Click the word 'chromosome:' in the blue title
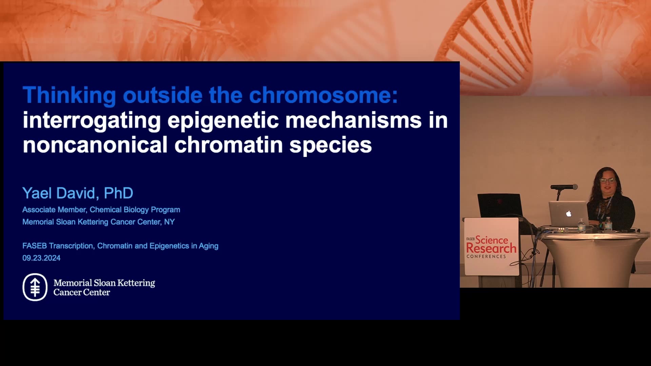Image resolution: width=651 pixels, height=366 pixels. tap(323, 95)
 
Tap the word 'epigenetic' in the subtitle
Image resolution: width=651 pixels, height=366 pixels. tap(223, 121)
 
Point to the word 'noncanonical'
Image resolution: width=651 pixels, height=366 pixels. tap(95, 145)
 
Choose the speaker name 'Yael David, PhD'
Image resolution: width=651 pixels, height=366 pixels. tap(78, 193)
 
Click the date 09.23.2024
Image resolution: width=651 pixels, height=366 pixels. tap(41, 258)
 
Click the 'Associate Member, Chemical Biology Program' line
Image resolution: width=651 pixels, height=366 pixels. tap(101, 210)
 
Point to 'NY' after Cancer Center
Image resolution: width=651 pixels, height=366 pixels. tap(170, 222)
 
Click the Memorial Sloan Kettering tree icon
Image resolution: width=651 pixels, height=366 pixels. tap(35, 287)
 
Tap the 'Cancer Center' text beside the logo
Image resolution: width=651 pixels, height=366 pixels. tap(82, 292)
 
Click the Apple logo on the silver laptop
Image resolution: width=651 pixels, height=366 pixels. tap(569, 213)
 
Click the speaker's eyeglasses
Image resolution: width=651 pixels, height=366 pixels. tap(607, 181)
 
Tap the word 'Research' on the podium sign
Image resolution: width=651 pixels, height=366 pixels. tap(491, 248)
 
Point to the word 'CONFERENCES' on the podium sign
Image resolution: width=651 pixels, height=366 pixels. tap(486, 257)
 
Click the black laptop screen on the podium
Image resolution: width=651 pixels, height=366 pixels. tap(500, 205)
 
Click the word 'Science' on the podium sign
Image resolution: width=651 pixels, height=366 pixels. tap(492, 240)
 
